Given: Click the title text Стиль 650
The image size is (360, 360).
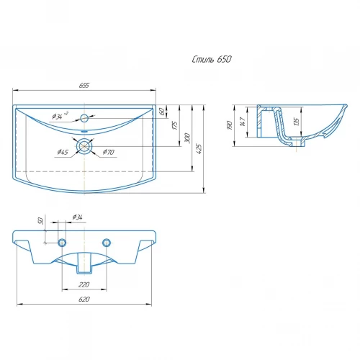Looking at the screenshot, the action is tap(212, 59).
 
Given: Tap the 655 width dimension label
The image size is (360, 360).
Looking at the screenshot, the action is tap(84, 86).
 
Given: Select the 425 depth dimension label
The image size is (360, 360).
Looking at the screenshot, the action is tap(199, 149).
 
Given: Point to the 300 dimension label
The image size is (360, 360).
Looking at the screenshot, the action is tap(187, 138).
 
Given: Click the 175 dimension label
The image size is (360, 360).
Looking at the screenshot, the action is tap(176, 125).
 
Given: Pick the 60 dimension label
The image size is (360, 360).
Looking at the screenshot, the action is tap(162, 111).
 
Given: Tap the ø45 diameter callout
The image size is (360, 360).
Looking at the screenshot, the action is tap(63, 152).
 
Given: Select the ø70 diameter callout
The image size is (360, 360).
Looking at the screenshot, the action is tap(109, 152).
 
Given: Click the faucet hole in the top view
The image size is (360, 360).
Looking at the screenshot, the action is tap(84, 118).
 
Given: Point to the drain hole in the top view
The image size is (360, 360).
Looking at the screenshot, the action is tap(84, 146).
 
